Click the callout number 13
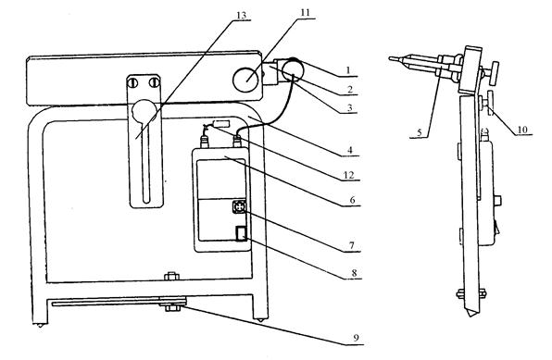point(241,16)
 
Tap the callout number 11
point(306,13)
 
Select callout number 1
point(348,70)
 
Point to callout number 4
point(349,150)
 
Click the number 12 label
point(348,175)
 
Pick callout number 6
point(352,200)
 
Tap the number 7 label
point(352,245)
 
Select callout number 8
point(354,273)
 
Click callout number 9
point(356,338)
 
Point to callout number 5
point(419,132)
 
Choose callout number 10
point(522,130)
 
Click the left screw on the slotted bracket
point(132,83)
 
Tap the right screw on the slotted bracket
point(154,83)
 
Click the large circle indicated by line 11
point(245,80)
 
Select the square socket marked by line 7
point(239,206)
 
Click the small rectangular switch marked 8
point(242,233)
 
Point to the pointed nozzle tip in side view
point(390,58)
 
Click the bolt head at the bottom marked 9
point(172,308)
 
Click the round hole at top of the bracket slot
point(144,111)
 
